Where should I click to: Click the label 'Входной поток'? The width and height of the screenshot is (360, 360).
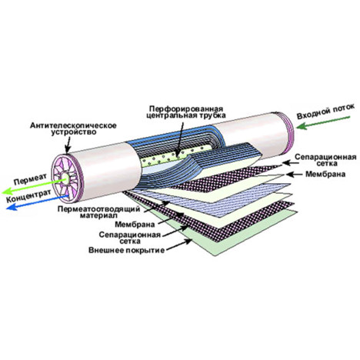click(325, 112)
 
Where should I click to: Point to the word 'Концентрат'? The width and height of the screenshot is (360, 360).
click(28, 196)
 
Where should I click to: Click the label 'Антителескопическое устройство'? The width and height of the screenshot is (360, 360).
click(74, 129)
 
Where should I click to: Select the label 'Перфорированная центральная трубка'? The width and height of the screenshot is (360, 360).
click(186, 112)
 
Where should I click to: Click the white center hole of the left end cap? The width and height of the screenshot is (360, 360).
click(65, 178)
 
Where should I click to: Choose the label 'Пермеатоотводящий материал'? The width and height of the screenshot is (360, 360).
click(99, 212)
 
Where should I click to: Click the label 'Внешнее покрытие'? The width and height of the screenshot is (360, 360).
click(127, 250)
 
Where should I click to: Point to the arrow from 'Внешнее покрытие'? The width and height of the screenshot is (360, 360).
click(179, 244)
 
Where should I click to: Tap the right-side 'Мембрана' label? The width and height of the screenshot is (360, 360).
click(325, 174)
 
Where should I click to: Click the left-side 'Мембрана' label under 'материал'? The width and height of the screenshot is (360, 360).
click(135, 225)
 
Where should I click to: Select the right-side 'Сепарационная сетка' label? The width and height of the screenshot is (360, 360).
click(325, 160)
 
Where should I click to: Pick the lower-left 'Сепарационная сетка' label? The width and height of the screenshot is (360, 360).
click(130, 238)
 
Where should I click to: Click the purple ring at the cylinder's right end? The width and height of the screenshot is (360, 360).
click(287, 129)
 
